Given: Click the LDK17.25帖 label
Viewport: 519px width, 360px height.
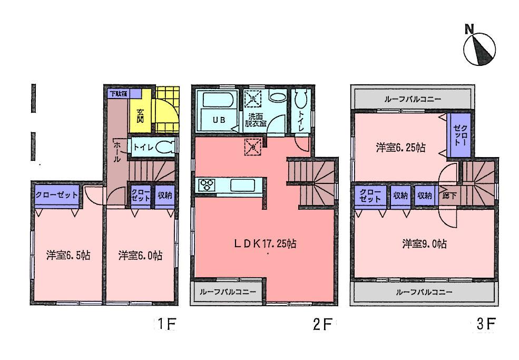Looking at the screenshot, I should point(265,244).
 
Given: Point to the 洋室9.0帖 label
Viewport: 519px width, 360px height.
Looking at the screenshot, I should point(425,244).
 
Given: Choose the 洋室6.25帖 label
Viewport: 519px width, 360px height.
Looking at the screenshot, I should point(401,148).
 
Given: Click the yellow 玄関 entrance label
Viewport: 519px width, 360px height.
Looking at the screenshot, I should point(141,115).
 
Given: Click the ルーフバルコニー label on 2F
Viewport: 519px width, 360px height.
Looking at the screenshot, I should point(228,291).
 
